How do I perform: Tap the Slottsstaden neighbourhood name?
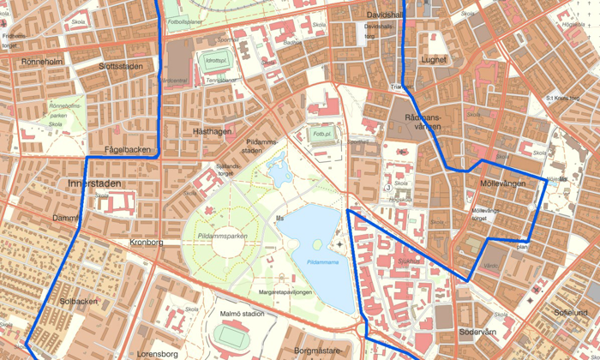tap(121, 66)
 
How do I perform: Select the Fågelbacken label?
tap(127, 149)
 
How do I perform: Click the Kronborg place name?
tap(146, 243)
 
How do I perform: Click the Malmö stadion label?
tap(241, 315)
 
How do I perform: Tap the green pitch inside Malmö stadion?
tap(228, 335)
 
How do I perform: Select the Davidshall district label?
tap(384, 15)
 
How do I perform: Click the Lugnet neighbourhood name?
tap(434, 60)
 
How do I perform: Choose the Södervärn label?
tap(477, 332)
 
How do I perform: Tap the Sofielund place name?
tap(571, 313)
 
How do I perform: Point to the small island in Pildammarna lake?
tap(317, 244)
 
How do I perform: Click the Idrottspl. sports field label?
tap(216, 61)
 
